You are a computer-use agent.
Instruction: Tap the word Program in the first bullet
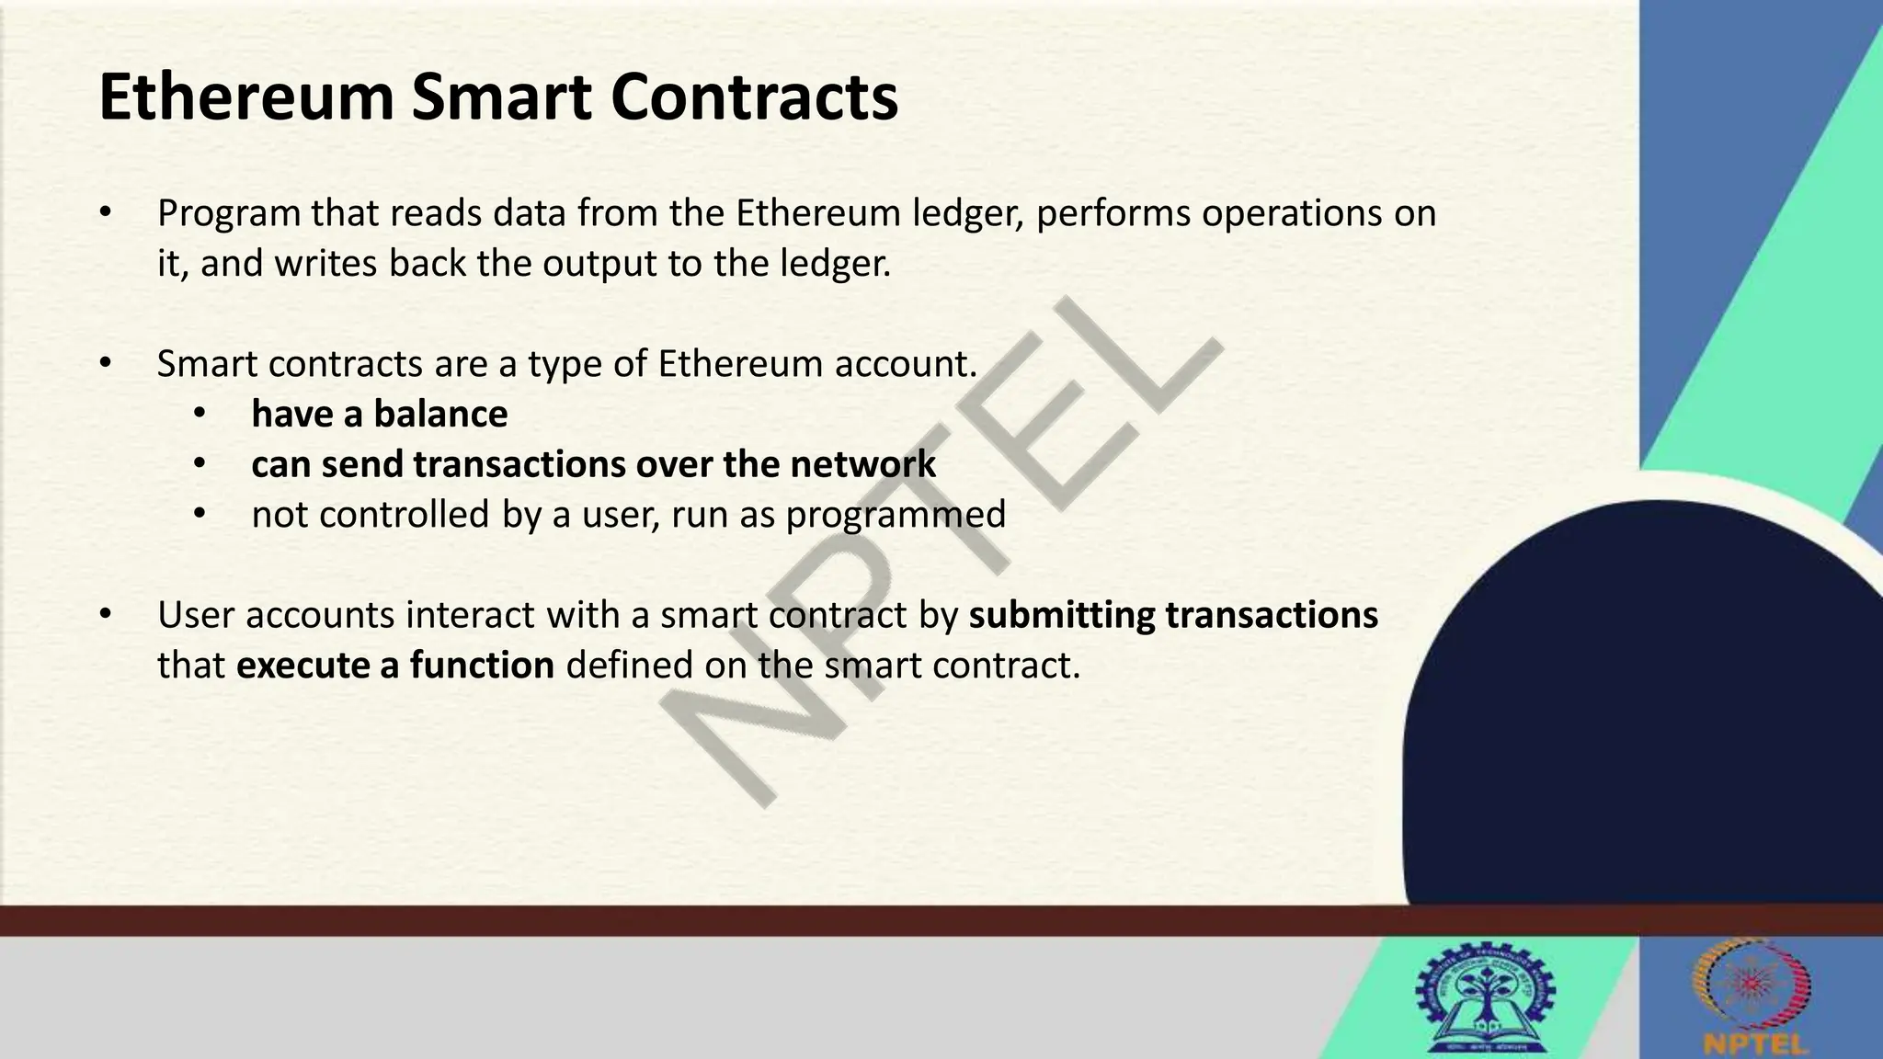(x=229, y=214)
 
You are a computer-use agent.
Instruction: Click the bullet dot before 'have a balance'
(x=200, y=414)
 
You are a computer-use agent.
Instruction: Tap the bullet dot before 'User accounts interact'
(x=106, y=614)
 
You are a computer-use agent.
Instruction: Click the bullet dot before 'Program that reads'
(x=106, y=213)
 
